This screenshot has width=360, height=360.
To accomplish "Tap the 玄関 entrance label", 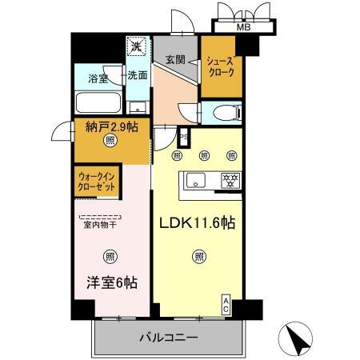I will click(176, 59).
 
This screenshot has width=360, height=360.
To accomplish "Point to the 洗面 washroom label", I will click(138, 76).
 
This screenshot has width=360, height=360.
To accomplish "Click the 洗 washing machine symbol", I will click(137, 46).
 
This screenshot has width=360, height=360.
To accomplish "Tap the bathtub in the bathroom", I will click(97, 102).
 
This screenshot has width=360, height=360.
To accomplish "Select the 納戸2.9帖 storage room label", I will click(109, 126).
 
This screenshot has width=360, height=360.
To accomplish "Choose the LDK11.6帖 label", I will click(200, 222).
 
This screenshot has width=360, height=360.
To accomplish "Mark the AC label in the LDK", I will click(226, 303).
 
